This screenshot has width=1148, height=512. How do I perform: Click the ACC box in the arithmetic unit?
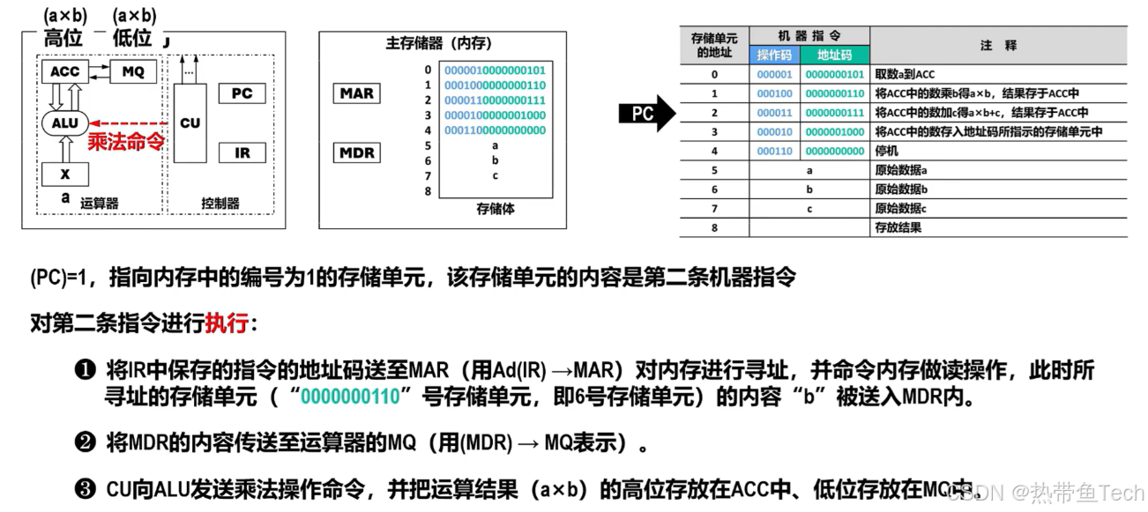pos(65,71)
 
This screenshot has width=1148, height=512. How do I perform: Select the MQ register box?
pos(132,71)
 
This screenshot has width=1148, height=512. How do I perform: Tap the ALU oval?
pos(65,123)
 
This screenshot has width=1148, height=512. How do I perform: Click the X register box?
pos(65,174)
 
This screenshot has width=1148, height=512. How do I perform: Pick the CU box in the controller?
pos(190,123)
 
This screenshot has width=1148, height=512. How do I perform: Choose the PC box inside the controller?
pos(242,93)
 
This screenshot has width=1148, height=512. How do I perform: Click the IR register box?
pos(242,152)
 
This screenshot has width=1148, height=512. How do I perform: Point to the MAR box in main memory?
pos(357,93)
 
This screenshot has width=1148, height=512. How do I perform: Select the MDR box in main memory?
pos(357,153)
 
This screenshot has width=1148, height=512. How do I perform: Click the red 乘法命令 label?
pos(127,143)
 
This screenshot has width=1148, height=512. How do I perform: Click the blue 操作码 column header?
pos(775,56)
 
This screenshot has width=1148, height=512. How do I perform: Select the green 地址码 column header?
pos(834,56)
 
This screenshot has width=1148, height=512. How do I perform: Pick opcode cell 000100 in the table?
pos(775,93)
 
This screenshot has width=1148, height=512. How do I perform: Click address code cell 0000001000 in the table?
pos(834,131)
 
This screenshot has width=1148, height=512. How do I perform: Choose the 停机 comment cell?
pos(885,151)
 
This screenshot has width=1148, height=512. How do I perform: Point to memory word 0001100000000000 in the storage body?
pos(495,130)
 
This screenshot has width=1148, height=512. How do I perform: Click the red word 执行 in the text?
pos(227,323)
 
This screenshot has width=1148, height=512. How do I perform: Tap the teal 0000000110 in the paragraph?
pos(350,397)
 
